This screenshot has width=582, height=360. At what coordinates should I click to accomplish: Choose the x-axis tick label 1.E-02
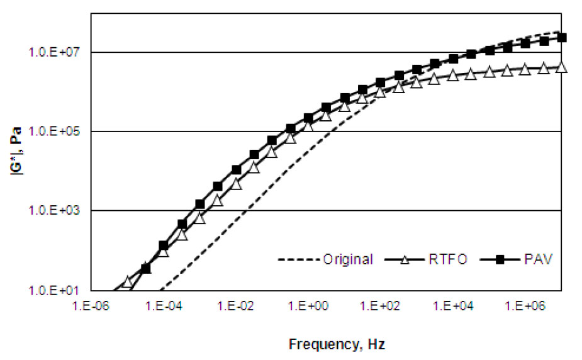236,305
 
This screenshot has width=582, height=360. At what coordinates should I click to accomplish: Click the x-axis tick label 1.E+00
309,305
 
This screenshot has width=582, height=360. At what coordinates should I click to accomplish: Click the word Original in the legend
348,259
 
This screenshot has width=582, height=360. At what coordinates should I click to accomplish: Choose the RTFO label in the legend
449,259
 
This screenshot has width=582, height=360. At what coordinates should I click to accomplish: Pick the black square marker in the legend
503,259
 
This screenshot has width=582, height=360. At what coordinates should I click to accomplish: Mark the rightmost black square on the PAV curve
562,38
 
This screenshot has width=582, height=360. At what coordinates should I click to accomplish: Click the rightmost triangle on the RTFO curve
562,67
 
